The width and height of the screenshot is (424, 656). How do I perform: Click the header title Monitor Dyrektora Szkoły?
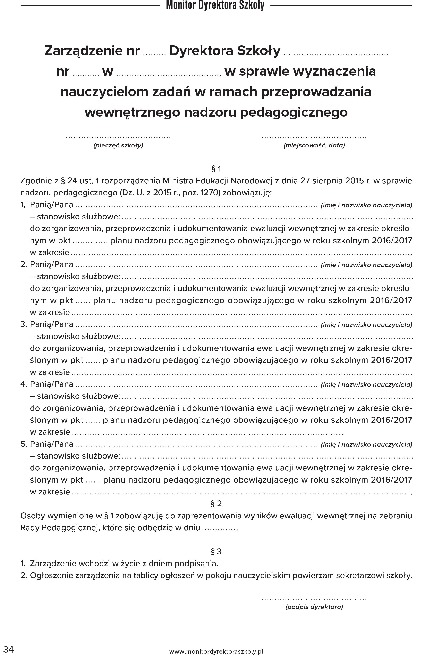point(215,5)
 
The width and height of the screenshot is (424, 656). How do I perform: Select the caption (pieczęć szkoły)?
point(118,145)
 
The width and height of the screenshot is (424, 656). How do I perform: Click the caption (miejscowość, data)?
point(314,145)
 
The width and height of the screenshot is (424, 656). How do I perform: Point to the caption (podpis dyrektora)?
point(314,607)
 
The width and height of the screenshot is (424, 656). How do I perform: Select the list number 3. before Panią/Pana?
point(24,324)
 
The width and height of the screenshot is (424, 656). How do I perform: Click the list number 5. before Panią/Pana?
point(24,444)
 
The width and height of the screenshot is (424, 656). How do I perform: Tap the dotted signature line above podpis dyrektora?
point(314,598)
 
